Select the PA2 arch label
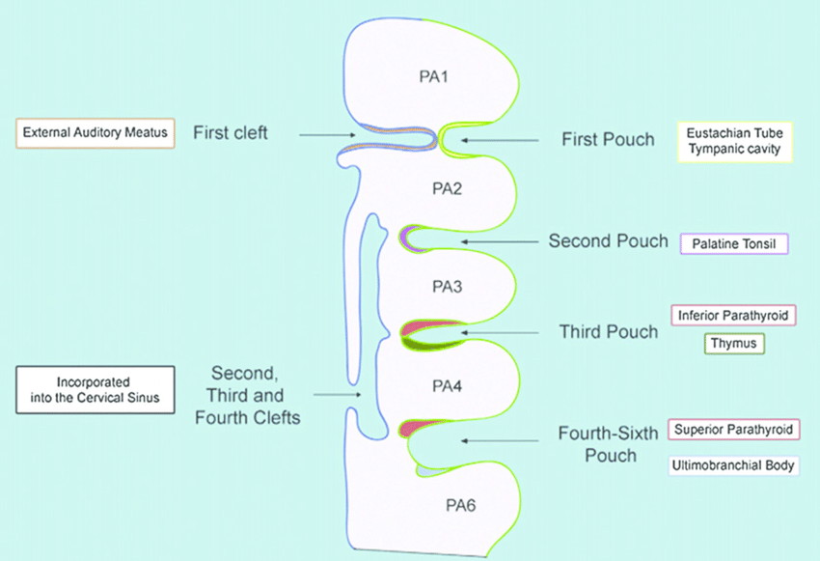[447, 188]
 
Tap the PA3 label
[447, 287]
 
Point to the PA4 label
[447, 387]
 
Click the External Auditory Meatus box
[96, 132]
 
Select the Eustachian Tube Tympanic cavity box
[734, 141]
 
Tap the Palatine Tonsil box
[734, 243]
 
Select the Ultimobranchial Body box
[735, 465]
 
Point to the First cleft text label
[231, 132]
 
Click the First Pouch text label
[608, 140]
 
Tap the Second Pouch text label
[608, 240]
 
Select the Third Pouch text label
[609, 332]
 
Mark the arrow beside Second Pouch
[500, 240]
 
